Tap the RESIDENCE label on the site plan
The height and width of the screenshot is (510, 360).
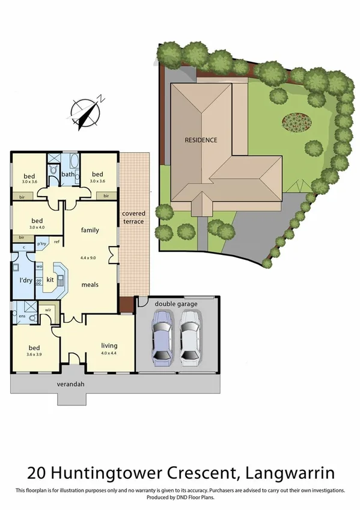pyautogui.click(x=201, y=140)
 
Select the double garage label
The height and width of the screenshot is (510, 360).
pyautogui.click(x=175, y=304)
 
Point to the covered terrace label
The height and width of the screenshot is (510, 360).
pyautogui.click(x=133, y=217)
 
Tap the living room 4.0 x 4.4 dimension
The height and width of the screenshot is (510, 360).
pyautogui.click(x=109, y=354)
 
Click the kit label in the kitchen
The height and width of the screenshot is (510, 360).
pyautogui.click(x=50, y=280)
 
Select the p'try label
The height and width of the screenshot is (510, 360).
pyautogui.click(x=42, y=244)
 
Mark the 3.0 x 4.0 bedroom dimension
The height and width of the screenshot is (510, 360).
pyautogui.click(x=37, y=227)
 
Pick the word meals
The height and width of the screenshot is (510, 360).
pyautogui.click(x=90, y=284)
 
